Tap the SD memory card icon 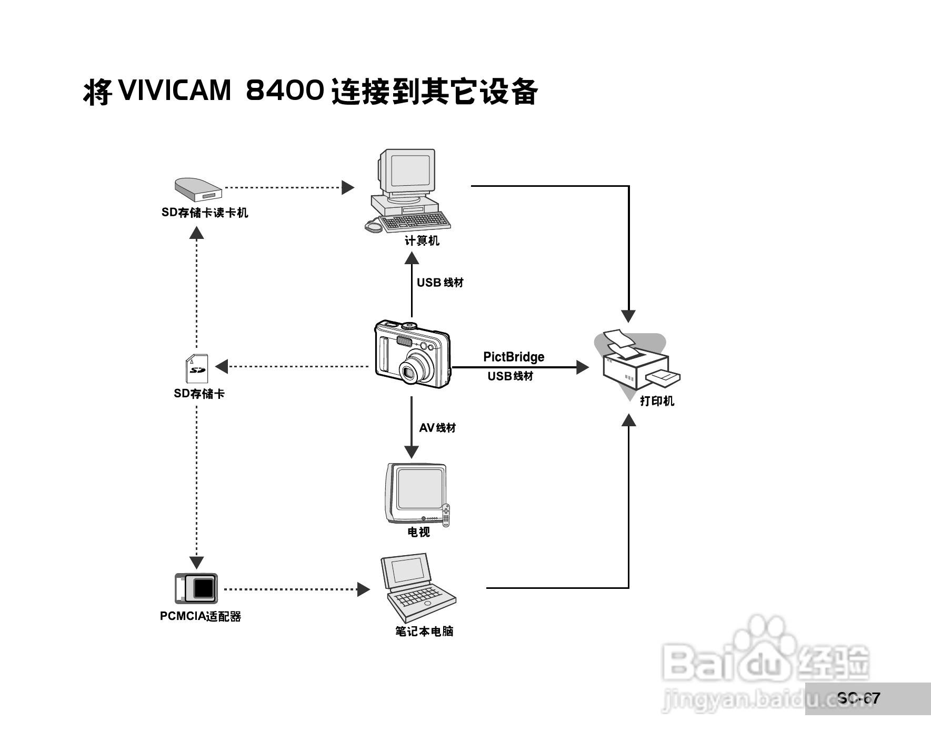(x=197, y=368)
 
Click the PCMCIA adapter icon (x=196, y=588)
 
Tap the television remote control (x=446, y=515)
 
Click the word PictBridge (x=514, y=357)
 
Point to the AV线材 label (x=437, y=428)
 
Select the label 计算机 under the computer (x=422, y=241)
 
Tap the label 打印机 (x=657, y=401)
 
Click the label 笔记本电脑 (x=424, y=631)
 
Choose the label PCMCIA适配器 (x=201, y=616)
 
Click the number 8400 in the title (x=285, y=91)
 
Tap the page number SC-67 (x=858, y=698)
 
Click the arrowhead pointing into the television (x=412, y=452)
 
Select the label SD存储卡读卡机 (x=204, y=213)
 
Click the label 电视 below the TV (x=418, y=532)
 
